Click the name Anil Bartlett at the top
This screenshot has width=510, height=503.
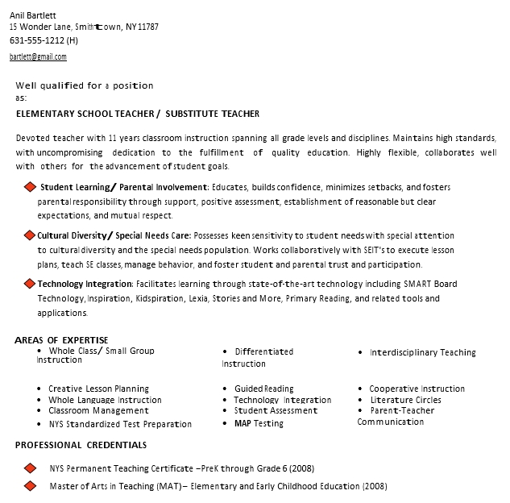click(x=33, y=15)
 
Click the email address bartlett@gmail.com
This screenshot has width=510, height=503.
click(x=38, y=57)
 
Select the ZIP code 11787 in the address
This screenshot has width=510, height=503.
click(x=148, y=27)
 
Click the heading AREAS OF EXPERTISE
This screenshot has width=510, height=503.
click(x=61, y=340)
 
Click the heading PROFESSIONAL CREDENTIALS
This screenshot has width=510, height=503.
click(x=81, y=445)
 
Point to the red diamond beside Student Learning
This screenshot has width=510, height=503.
click(x=30, y=188)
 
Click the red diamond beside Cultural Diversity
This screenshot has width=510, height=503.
click(x=30, y=235)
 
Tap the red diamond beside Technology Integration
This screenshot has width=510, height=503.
click(x=30, y=284)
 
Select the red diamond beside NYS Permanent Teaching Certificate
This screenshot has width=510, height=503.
click(x=30, y=468)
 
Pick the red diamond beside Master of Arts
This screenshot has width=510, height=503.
click(x=30, y=485)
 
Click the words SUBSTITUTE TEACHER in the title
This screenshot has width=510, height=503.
click(x=213, y=114)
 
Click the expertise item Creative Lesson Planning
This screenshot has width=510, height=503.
click(x=98, y=389)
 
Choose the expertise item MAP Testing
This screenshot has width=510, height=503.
click(x=259, y=423)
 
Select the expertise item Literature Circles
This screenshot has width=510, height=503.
click(x=405, y=400)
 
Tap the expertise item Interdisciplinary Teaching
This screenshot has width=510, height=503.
click(x=422, y=352)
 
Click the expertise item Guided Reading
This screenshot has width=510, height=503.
click(x=263, y=389)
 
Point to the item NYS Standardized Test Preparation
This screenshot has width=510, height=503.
click(x=120, y=424)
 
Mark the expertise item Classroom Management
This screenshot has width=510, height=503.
click(x=98, y=410)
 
